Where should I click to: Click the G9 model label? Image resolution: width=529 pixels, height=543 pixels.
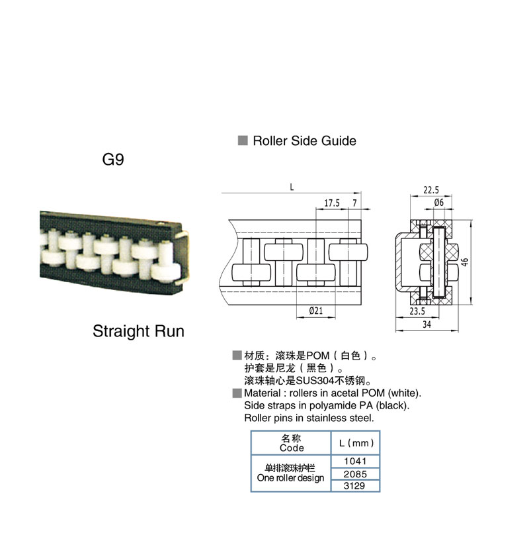(x=113, y=160)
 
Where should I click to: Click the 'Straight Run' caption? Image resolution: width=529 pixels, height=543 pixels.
(x=138, y=331)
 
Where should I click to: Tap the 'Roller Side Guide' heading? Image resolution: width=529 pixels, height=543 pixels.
(x=304, y=141)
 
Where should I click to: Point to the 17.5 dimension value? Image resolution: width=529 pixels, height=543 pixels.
(x=332, y=203)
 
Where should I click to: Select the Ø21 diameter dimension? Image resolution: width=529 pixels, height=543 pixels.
(x=316, y=311)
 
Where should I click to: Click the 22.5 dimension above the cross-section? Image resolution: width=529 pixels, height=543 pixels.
(x=431, y=190)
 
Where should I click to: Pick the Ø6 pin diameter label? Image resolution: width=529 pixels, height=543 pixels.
(x=439, y=202)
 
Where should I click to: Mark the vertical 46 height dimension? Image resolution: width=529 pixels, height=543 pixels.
(x=465, y=262)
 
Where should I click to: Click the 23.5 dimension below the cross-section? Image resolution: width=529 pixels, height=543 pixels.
(x=417, y=311)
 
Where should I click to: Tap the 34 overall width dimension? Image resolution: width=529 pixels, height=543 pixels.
(x=427, y=324)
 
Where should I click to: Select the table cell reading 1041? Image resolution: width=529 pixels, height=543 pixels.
(x=355, y=462)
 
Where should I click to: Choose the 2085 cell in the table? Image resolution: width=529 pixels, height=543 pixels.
(x=355, y=473)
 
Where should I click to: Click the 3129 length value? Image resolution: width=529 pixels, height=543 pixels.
(x=354, y=486)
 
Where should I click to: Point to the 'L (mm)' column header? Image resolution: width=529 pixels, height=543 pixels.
(x=356, y=443)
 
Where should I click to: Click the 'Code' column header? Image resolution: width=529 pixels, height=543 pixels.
(x=292, y=448)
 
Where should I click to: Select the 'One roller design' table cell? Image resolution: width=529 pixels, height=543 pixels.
(x=290, y=473)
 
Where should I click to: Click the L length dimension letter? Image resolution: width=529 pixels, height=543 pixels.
(x=292, y=187)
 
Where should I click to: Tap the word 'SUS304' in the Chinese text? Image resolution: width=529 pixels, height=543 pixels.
(x=315, y=381)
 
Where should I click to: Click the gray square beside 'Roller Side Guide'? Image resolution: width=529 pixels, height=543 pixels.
(x=243, y=140)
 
